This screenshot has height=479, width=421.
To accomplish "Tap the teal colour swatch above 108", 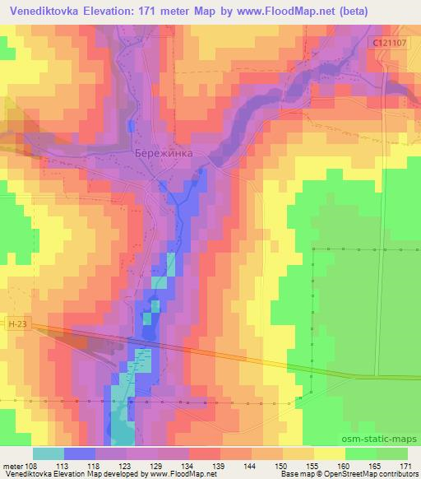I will tap(49, 453).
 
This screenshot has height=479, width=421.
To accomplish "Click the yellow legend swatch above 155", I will tap(329, 453).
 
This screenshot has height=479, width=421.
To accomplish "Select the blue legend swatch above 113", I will tap(80, 453).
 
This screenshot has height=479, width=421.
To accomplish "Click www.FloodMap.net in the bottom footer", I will tap(180, 474).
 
